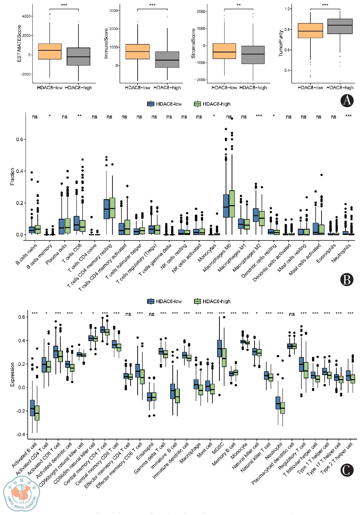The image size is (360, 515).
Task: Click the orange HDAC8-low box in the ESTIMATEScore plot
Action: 50,51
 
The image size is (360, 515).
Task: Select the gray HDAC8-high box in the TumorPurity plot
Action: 340,26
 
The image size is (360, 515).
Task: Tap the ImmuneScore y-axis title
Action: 106,43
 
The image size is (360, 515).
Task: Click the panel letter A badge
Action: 347,100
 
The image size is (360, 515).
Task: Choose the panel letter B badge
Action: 347,280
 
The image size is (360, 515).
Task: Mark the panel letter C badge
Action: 347,470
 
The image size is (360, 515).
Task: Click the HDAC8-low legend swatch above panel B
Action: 151,104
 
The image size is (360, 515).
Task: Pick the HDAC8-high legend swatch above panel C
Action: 198,301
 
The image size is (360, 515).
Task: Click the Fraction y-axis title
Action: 13,177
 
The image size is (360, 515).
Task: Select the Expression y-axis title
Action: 13,374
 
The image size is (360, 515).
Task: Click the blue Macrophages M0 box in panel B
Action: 226,206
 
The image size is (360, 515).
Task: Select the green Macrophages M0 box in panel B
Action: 232,204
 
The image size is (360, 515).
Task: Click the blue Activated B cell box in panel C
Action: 33,408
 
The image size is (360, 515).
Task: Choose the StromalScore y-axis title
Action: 193,44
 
